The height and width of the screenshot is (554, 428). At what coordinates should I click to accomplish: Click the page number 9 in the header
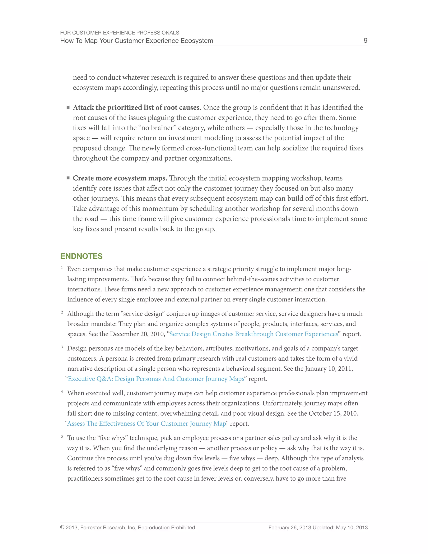tap(365, 41)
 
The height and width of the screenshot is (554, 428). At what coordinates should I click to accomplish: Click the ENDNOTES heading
tap(81, 256)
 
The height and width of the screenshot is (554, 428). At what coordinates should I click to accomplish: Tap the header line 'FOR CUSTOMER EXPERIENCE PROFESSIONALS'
tap(119, 33)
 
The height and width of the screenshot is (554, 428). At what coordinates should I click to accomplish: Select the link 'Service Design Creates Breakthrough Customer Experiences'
tap(253, 334)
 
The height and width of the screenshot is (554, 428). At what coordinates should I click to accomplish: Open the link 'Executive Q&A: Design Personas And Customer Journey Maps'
tap(156, 379)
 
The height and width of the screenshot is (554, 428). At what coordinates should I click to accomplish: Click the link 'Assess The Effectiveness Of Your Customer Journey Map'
tap(146, 424)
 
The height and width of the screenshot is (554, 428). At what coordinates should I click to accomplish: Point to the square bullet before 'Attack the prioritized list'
tap(68, 107)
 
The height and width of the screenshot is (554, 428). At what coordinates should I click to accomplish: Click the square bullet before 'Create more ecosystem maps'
tap(68, 178)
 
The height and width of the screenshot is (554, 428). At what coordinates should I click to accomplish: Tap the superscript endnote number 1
tap(62, 267)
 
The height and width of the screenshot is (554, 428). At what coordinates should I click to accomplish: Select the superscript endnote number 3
tap(62, 347)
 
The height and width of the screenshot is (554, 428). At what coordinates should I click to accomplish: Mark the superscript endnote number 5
tap(62, 436)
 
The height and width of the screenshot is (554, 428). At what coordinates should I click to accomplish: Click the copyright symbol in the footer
tap(62, 528)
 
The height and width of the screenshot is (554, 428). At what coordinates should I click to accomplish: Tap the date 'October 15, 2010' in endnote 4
tap(333, 414)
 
